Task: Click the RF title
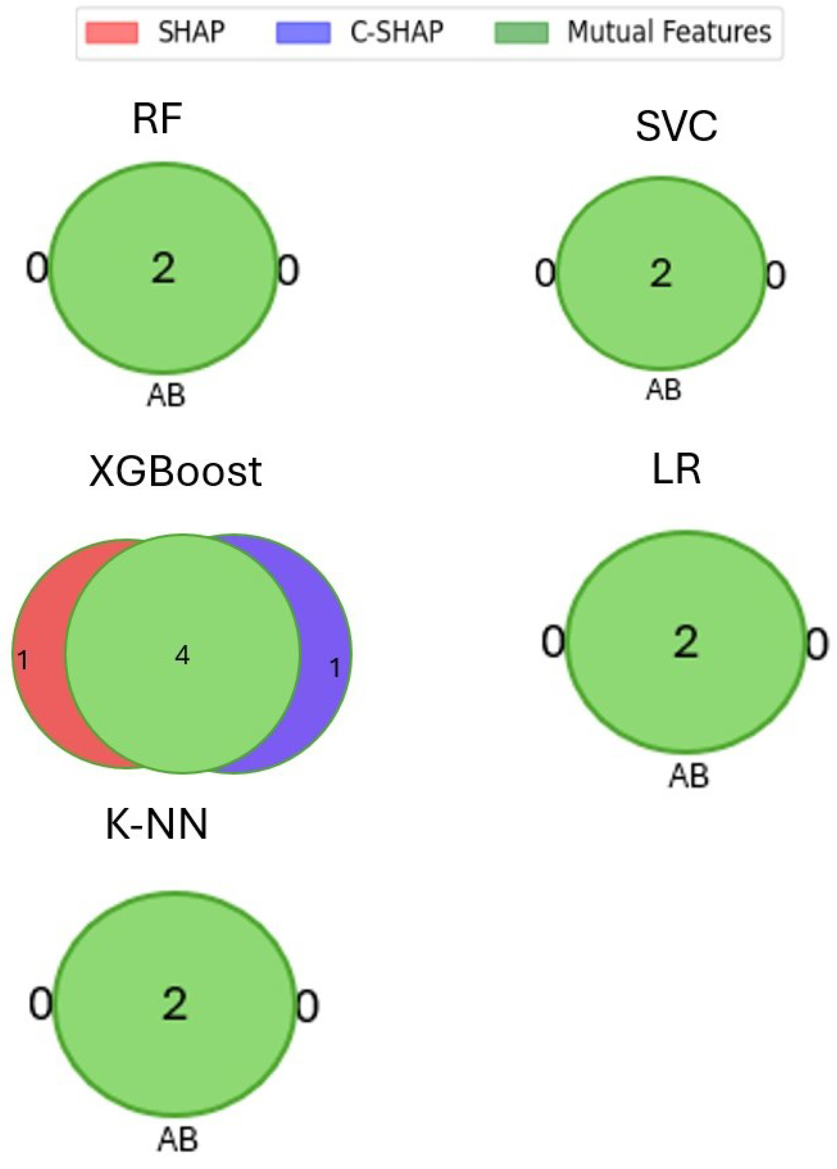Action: click(157, 119)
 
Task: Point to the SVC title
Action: click(676, 126)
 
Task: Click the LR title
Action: click(676, 469)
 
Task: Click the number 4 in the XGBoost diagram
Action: click(182, 655)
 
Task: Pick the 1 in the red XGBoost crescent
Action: click(23, 660)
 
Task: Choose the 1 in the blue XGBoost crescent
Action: click(335, 668)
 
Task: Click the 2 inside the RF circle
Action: click(163, 269)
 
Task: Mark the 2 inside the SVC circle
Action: click(661, 273)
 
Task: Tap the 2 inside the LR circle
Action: click(686, 642)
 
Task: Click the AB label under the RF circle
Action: click(166, 396)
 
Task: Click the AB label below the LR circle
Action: click(689, 776)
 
